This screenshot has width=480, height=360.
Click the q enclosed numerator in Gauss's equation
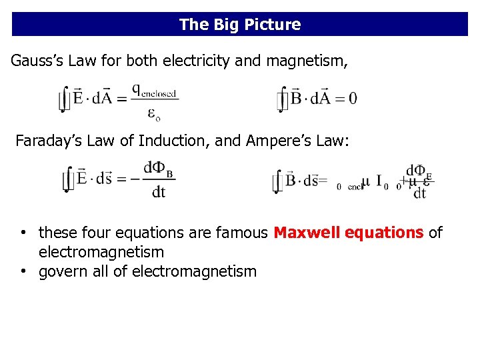(x=154, y=90)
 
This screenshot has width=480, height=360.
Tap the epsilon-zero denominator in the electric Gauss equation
(x=153, y=114)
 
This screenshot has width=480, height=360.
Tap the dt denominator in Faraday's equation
(x=159, y=192)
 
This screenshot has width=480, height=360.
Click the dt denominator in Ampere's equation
(x=419, y=193)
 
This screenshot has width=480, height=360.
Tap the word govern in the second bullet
(x=62, y=271)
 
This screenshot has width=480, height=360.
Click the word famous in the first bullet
(x=243, y=233)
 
